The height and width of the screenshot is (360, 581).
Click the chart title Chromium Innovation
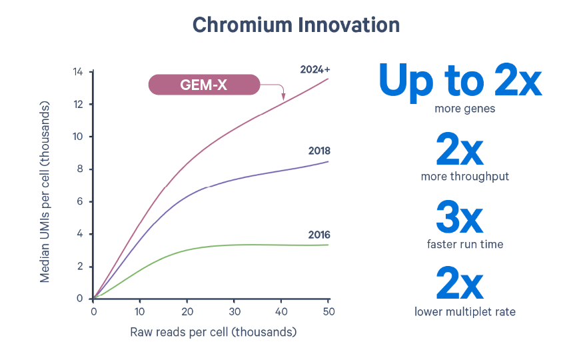pyautogui.click(x=296, y=25)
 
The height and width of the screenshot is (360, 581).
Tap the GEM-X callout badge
pyautogui.click(x=204, y=85)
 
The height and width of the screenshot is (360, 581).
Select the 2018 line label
pyautogui.click(x=319, y=151)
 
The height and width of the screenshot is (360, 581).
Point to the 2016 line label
pyautogui.click(x=319, y=235)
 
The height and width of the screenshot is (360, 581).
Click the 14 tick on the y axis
pyautogui.click(x=77, y=72)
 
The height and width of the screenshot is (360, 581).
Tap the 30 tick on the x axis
pyautogui.click(x=234, y=311)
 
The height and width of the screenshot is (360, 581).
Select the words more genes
pyautogui.click(x=464, y=108)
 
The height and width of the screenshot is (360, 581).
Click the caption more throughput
pyautogui.click(x=465, y=177)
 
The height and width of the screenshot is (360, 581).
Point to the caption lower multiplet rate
pyautogui.click(x=465, y=311)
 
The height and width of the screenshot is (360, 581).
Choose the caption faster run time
pyautogui.click(x=465, y=244)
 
